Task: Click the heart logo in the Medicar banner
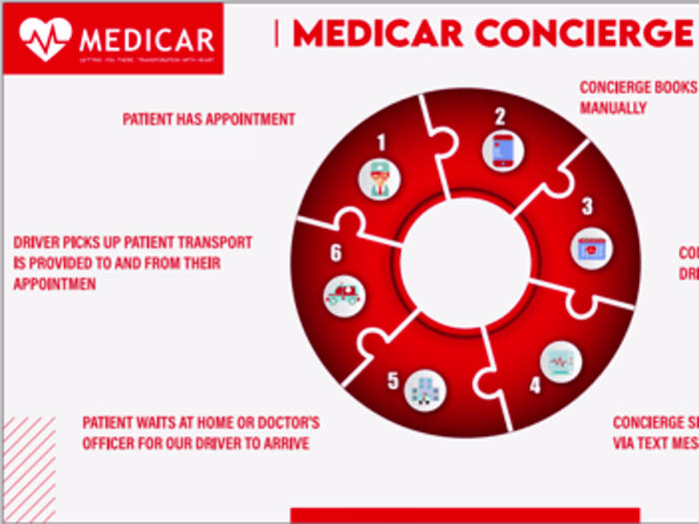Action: pyautogui.click(x=45, y=38)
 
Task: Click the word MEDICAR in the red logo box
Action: pyautogui.click(x=147, y=41)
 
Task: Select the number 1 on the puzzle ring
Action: pyautogui.click(x=380, y=143)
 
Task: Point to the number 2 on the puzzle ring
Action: pyautogui.click(x=501, y=114)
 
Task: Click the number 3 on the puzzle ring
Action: pyautogui.click(x=587, y=207)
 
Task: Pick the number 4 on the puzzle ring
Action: pyautogui.click(x=534, y=383)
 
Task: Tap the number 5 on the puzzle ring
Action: pyautogui.click(x=392, y=380)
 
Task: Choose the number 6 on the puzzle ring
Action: pyautogui.click(x=336, y=253)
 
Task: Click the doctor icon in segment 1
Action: pyautogui.click(x=379, y=178)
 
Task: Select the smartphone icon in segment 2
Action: pyautogui.click(x=502, y=150)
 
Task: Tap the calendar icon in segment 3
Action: pyautogui.click(x=591, y=247)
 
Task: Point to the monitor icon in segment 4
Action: pyautogui.click(x=557, y=359)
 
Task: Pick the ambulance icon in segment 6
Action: pyautogui.click(x=345, y=294)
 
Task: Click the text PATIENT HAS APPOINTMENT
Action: pyautogui.click(x=209, y=119)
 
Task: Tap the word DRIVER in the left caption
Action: pyautogui.click(x=37, y=243)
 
